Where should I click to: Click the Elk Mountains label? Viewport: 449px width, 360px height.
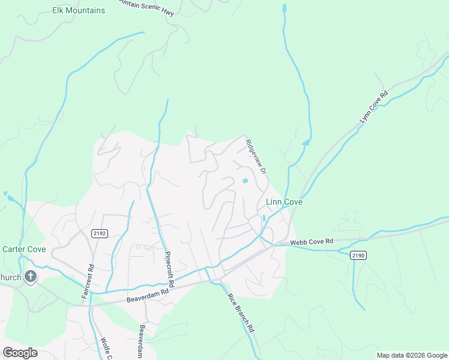tap(79, 11)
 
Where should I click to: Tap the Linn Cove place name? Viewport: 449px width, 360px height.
tap(284, 203)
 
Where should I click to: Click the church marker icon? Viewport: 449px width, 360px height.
tap(31, 277)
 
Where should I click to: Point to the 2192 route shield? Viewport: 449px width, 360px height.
tap(100, 233)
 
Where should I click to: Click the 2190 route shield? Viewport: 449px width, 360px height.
tap(358, 255)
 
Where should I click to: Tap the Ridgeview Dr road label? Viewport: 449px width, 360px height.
tap(256, 157)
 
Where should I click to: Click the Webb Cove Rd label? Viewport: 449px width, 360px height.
tap(311, 242)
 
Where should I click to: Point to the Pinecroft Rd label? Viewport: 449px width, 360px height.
tap(169, 268)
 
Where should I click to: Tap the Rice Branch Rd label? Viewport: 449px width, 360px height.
tap(241, 313)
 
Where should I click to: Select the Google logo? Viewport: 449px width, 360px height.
tap(20, 353)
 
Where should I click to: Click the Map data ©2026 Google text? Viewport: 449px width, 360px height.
tap(411, 355)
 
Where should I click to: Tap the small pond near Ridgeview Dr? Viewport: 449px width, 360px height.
tap(244, 181)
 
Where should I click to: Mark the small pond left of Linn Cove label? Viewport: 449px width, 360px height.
tap(264, 218)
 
